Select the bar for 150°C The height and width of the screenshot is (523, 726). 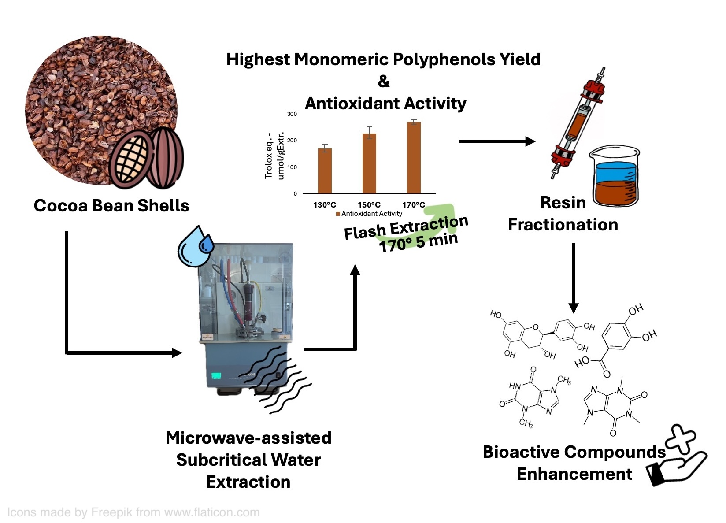(369, 163)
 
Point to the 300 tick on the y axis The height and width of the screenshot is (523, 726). (292, 114)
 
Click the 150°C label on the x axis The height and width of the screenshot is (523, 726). (369, 205)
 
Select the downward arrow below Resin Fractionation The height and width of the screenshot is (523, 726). (574, 278)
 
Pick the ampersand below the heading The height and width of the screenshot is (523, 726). (384, 82)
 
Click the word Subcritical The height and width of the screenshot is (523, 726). (248, 460)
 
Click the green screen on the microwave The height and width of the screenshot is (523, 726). (216, 376)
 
